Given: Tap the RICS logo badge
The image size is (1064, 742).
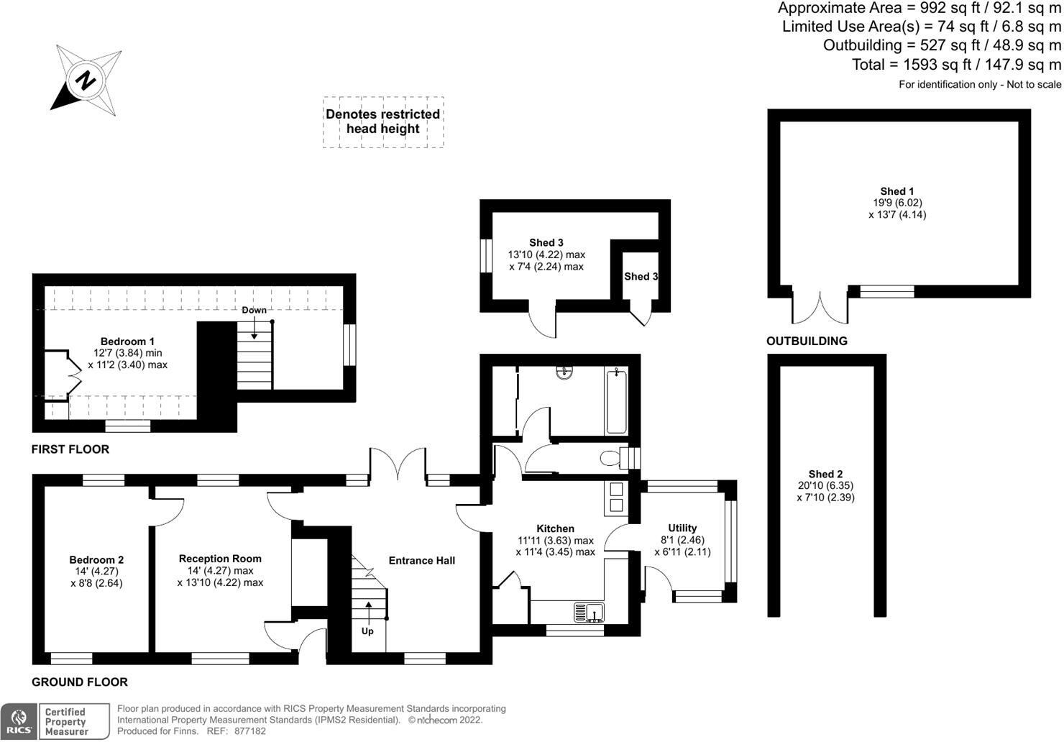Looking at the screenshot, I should [x=19, y=721].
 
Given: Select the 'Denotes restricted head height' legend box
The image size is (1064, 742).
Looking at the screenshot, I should [x=382, y=122].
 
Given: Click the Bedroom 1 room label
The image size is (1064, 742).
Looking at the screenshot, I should [x=127, y=342].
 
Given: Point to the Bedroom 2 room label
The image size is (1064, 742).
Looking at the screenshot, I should [x=96, y=560].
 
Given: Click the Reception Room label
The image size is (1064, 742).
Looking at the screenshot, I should [x=220, y=559].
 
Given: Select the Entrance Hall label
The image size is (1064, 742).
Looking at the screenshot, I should [x=421, y=561].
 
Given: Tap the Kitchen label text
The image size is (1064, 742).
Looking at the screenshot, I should [x=555, y=528].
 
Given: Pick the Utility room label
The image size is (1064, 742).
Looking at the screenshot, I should [x=682, y=528].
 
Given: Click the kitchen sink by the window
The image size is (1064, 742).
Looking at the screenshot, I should [x=589, y=613].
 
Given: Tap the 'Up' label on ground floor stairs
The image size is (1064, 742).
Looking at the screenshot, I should [x=367, y=631].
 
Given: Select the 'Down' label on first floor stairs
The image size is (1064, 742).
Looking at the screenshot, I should [x=254, y=310].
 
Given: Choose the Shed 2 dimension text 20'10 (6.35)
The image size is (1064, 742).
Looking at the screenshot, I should [x=825, y=485].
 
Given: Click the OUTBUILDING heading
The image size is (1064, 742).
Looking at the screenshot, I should [x=807, y=341].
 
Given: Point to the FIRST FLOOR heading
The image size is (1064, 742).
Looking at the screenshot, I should [x=70, y=449].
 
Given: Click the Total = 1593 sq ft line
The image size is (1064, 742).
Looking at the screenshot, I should [x=956, y=65].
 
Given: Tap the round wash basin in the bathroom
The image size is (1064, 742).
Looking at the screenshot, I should [x=564, y=372].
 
